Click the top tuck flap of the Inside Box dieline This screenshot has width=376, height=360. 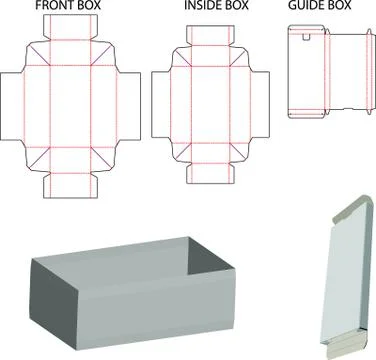point(210,36)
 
